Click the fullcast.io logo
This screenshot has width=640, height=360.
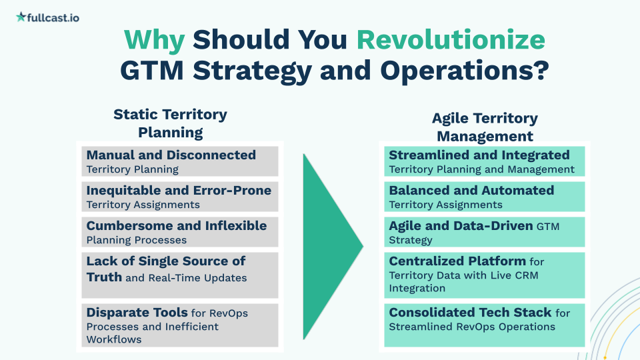click(x=47, y=17)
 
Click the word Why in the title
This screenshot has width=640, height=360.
click(x=154, y=40)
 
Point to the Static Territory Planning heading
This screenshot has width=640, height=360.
click(x=170, y=123)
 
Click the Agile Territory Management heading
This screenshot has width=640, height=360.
click(x=485, y=127)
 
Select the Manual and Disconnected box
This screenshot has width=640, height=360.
click(x=180, y=161)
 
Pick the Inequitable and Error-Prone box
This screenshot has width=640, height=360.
click(x=180, y=197)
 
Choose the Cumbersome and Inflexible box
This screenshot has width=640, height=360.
click(x=180, y=232)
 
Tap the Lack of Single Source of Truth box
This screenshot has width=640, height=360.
click(x=180, y=274)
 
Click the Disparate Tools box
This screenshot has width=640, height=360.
click(x=180, y=325)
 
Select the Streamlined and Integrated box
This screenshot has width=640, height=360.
click(x=485, y=161)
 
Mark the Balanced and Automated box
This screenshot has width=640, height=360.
click(x=485, y=197)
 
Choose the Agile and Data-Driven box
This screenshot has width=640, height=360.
click(x=485, y=232)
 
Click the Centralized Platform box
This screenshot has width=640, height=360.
click(x=485, y=274)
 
